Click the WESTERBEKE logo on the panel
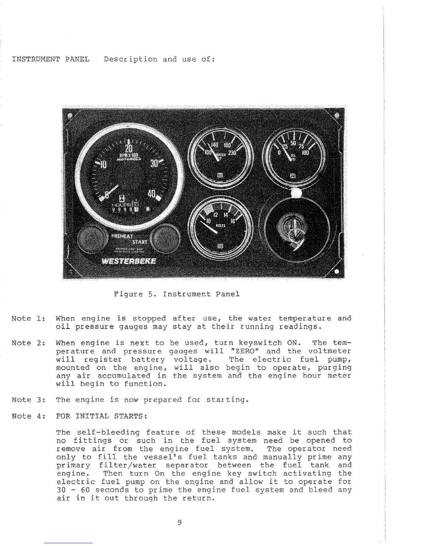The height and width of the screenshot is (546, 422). point(128,260)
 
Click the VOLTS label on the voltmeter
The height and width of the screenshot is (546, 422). point(220,226)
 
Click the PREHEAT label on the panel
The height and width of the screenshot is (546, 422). point(122,236)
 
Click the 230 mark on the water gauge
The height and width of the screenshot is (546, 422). point(232,153)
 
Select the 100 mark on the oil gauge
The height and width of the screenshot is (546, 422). point(305,152)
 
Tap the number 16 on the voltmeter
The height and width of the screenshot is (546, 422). point(233,221)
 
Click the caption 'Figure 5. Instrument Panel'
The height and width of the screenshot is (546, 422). point(177,294)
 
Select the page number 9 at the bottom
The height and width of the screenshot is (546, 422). point(179,523)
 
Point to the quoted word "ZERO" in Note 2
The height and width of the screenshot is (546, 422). point(244,351)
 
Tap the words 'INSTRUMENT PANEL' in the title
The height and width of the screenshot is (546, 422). point(51,59)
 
